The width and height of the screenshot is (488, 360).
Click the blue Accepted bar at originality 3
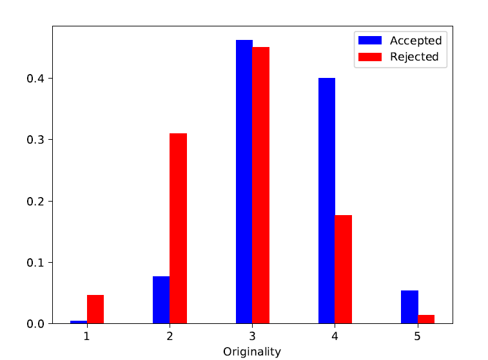tap(244, 182)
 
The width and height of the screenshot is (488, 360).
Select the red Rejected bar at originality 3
tap(261, 185)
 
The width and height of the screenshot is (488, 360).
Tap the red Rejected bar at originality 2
tap(179, 229)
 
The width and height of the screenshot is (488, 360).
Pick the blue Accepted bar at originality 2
tap(161, 300)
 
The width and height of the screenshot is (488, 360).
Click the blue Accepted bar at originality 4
tap(327, 201)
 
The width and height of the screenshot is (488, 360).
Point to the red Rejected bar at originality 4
tap(344, 269)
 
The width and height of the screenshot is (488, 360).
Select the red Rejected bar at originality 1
tap(95, 309)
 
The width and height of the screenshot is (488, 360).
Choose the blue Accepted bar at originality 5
tap(409, 307)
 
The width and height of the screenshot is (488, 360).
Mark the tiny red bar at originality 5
tap(426, 319)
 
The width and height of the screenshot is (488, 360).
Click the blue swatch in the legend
tap(370, 41)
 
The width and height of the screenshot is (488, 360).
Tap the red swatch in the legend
tap(370, 57)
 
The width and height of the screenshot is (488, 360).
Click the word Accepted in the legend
tap(416, 41)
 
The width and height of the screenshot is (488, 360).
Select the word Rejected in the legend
tap(415, 57)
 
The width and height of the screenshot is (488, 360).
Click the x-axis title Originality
tap(252, 352)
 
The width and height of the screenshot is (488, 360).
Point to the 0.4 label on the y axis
tap(35, 79)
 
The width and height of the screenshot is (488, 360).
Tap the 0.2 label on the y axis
tap(35, 201)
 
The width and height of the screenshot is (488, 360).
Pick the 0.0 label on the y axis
tap(35, 324)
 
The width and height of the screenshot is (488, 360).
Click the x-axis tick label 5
tap(417, 336)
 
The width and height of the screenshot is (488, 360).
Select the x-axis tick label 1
tap(87, 336)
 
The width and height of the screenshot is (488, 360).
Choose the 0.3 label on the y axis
tap(35, 140)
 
